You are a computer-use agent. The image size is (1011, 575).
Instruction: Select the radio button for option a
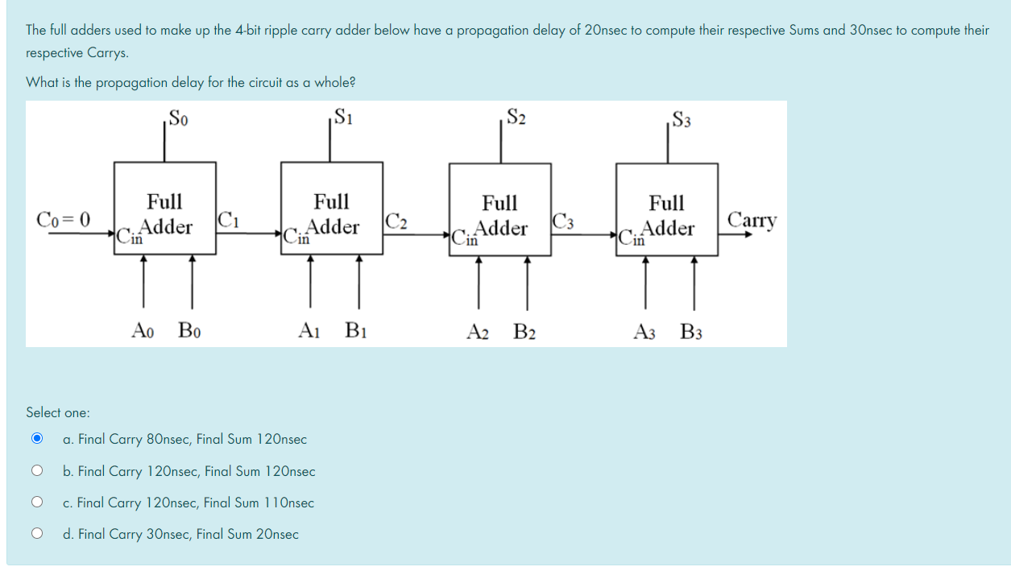pos(35,439)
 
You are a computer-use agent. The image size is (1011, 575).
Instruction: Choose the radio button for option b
pos(35,470)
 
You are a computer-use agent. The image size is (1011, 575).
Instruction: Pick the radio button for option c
pos(35,502)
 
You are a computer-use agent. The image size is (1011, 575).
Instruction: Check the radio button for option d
pos(35,533)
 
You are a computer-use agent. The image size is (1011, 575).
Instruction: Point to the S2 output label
pos(516,118)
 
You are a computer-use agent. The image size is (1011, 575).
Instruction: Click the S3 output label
pos(681,121)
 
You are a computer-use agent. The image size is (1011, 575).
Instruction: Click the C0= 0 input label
pos(64,219)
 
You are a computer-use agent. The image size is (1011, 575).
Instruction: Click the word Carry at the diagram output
pos(752,220)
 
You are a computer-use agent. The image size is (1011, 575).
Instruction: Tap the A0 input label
pos(143,329)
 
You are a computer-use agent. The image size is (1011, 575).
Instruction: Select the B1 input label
pos(355,330)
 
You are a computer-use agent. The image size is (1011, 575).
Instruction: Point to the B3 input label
pos(690,331)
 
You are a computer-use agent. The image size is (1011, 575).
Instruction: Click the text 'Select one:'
pos(58,412)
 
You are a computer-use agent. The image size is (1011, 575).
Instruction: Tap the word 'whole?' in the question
pos(335,82)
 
